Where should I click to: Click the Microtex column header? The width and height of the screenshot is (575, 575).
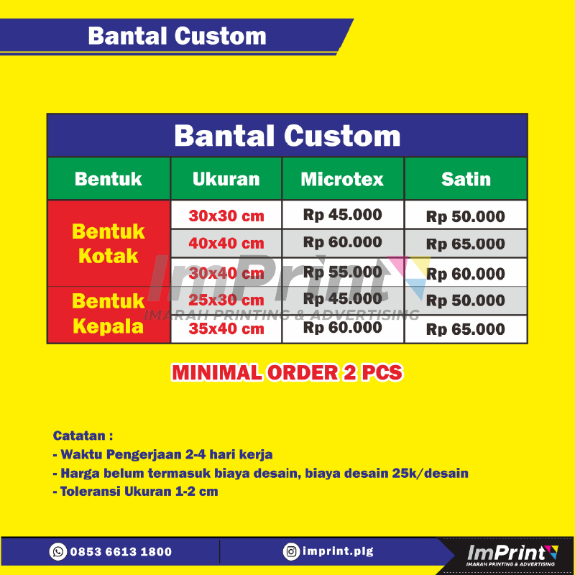[342, 179]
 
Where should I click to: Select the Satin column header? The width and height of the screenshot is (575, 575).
[466, 179]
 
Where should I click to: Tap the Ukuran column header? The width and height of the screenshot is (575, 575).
[226, 179]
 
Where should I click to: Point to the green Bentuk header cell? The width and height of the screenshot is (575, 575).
[109, 179]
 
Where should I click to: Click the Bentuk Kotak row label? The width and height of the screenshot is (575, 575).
[109, 243]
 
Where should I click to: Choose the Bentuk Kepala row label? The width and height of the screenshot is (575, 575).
[109, 314]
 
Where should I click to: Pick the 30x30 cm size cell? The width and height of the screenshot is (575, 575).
[226, 215]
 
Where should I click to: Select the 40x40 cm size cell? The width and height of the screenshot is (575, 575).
[226, 243]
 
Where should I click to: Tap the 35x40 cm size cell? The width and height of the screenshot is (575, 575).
[226, 329]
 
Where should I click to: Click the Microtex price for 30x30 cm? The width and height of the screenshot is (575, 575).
[342, 214]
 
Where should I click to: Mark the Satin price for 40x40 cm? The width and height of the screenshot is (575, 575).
[466, 244]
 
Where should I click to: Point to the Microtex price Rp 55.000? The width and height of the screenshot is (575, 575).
[342, 272]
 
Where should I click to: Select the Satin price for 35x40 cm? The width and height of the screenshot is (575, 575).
[466, 330]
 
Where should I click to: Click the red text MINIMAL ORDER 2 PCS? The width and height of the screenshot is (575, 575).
[287, 372]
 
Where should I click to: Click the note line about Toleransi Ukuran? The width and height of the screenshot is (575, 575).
[135, 492]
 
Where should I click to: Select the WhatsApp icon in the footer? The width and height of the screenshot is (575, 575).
[58, 551]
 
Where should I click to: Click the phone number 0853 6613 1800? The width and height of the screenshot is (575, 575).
[121, 552]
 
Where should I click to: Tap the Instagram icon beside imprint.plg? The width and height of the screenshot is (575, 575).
[291, 551]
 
